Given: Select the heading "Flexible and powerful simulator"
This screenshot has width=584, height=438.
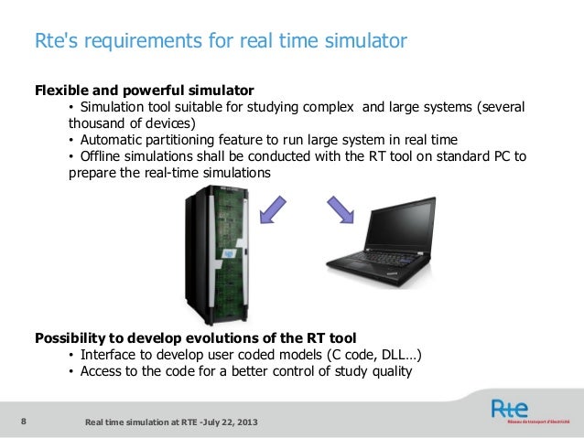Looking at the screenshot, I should [x=144, y=91].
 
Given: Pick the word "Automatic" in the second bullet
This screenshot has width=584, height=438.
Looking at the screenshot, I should [x=111, y=140].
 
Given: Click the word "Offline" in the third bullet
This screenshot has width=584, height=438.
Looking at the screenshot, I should [x=103, y=156].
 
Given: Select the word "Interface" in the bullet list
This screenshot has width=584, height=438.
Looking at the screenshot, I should [x=109, y=355].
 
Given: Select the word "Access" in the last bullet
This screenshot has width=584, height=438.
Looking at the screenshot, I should [x=102, y=371].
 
